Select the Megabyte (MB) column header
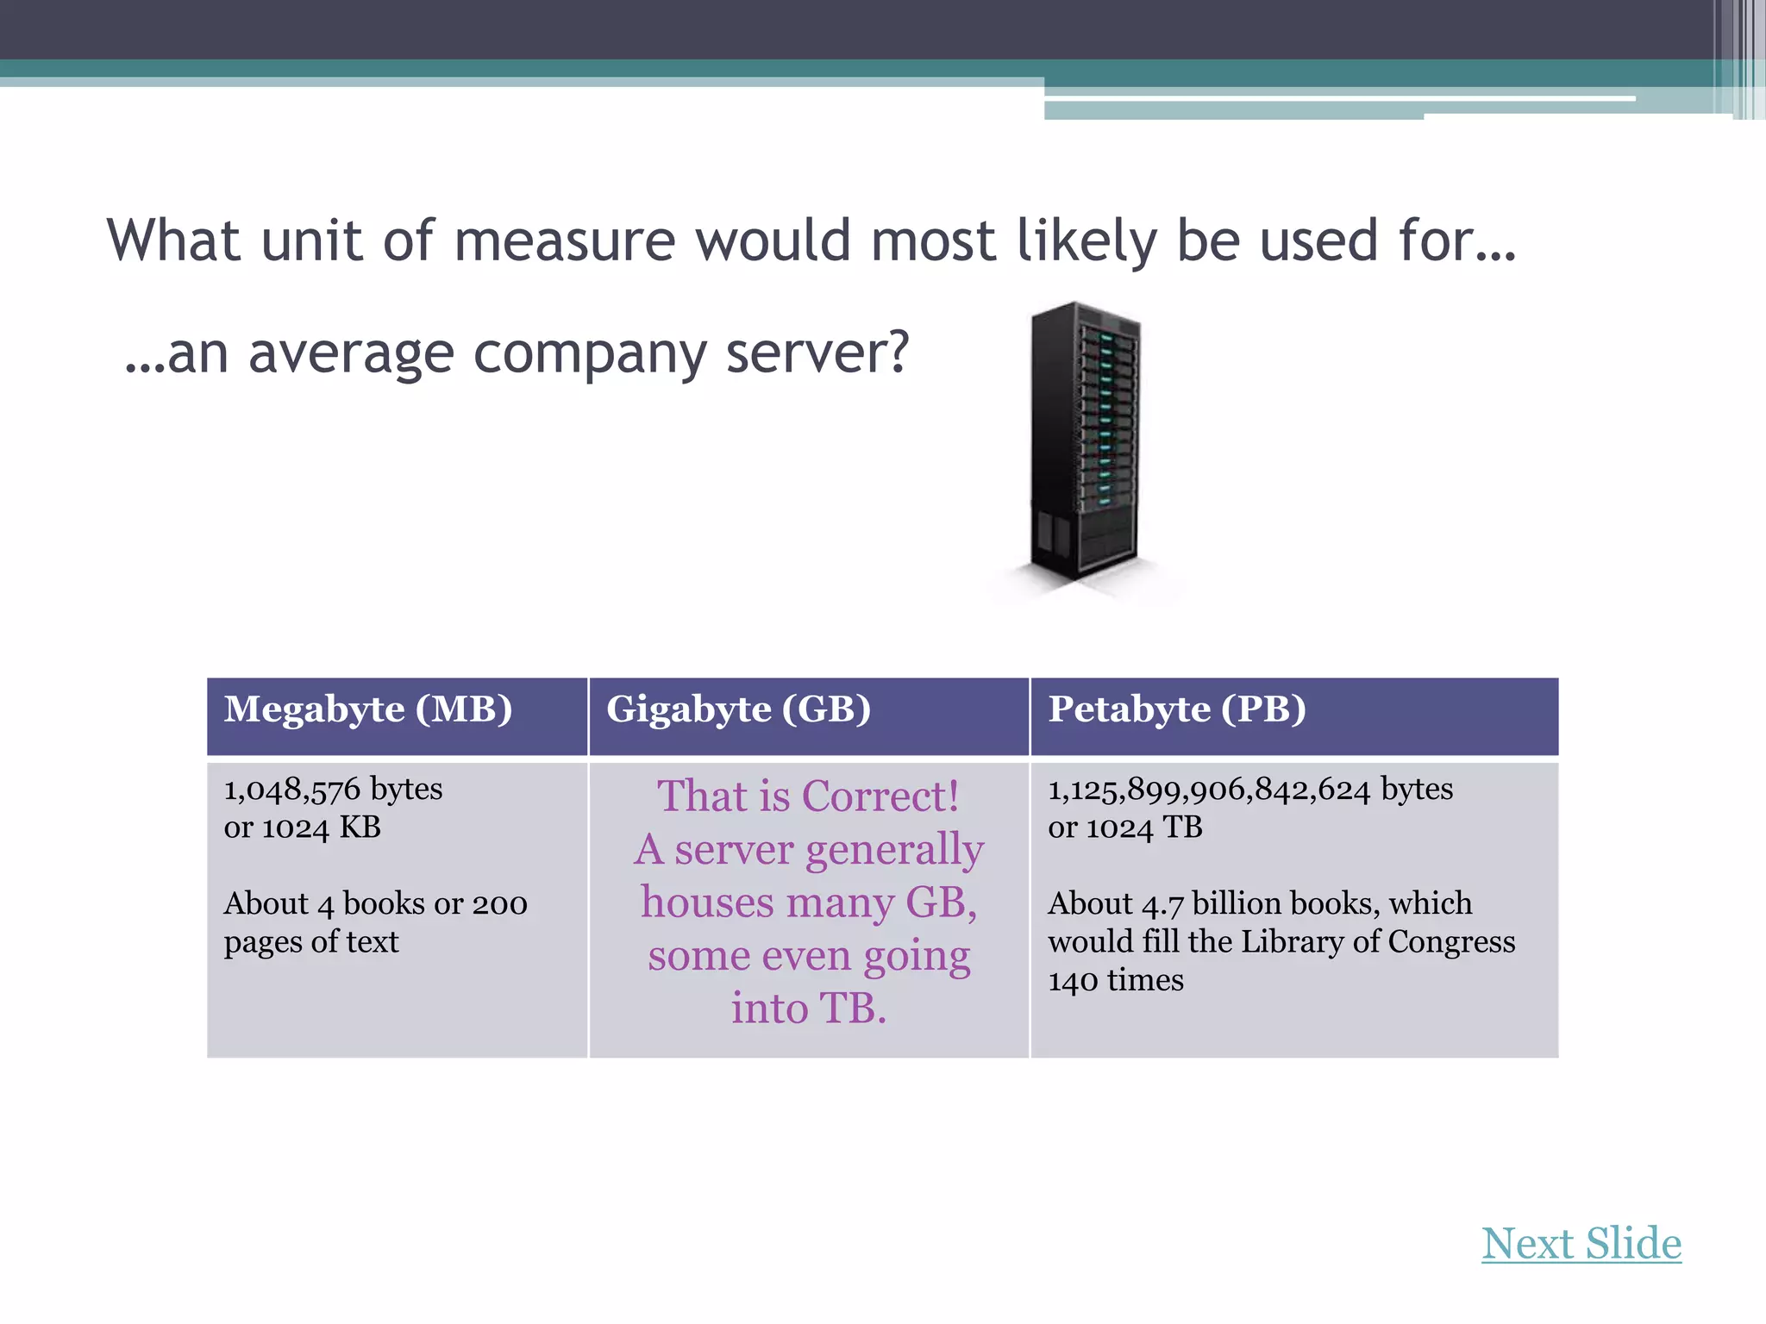click(x=368, y=709)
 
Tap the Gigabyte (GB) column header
click(x=738, y=709)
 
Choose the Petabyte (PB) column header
click(x=1177, y=709)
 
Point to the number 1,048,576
click(x=291, y=790)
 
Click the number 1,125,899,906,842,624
click(x=1209, y=790)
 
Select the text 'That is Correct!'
click(x=808, y=796)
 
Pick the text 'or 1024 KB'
click(x=302, y=827)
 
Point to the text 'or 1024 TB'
click(x=1124, y=827)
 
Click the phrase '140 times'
click(x=1116, y=980)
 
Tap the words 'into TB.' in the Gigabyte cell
click(x=809, y=1008)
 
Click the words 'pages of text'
click(x=311, y=942)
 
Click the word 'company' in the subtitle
click(x=589, y=353)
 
